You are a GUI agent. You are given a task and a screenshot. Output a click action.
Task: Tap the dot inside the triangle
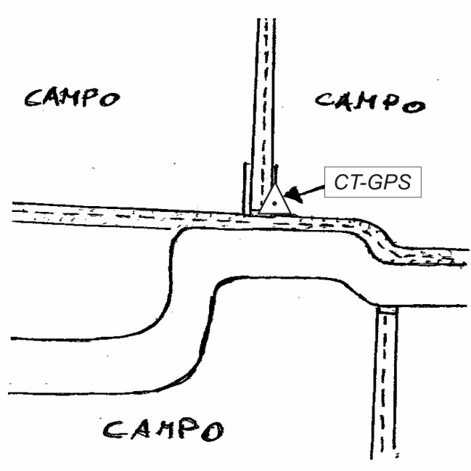[x=274, y=205]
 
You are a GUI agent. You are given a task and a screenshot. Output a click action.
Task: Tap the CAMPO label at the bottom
[x=163, y=429]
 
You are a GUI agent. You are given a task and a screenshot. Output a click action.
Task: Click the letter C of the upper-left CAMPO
[x=33, y=97]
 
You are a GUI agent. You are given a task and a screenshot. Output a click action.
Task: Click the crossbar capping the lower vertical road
[x=387, y=309]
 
